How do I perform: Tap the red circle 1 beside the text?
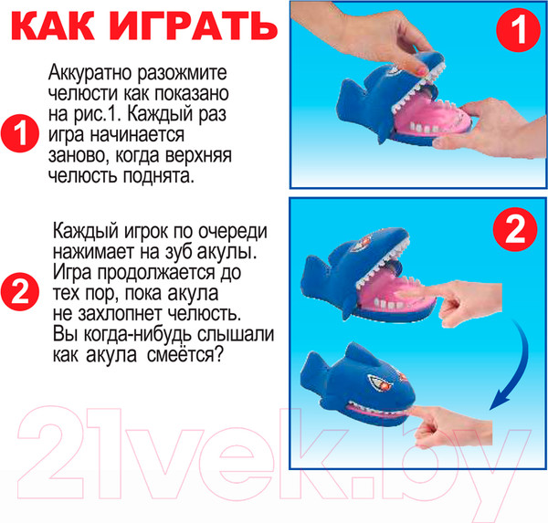click(21, 135)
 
